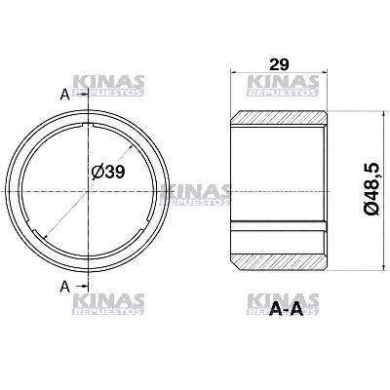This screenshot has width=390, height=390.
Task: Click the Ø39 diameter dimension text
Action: coord(108,172)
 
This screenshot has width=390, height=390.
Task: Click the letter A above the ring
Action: coord(64,94)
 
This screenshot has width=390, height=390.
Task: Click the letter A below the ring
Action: coord(64,286)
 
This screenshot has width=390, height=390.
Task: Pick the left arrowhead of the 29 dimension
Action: coord(234,73)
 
